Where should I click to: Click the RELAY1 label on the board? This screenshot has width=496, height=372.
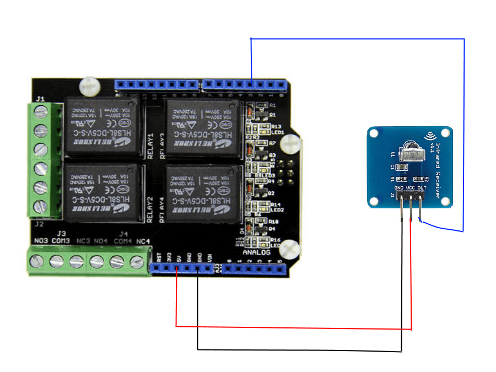pos(150,145)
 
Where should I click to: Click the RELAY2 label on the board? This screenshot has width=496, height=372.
pos(150,209)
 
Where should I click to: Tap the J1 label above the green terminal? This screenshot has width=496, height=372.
pos(40,99)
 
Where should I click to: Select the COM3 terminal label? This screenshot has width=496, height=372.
pos(61,241)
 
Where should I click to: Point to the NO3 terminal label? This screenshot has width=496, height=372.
pos(41,241)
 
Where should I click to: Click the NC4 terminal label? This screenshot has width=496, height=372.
pos(143,241)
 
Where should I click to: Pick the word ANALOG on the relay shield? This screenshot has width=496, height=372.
pos(257,252)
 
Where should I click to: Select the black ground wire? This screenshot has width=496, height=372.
pos(298,350)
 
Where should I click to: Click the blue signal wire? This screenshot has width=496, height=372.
pos(358,39)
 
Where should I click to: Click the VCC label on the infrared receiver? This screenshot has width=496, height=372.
pos(411,188)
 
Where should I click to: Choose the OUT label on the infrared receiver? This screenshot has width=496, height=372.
pos(422,188)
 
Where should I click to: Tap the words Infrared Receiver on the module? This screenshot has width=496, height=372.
pos(438,170)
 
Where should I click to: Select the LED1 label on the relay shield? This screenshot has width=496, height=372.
pos(277,132)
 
